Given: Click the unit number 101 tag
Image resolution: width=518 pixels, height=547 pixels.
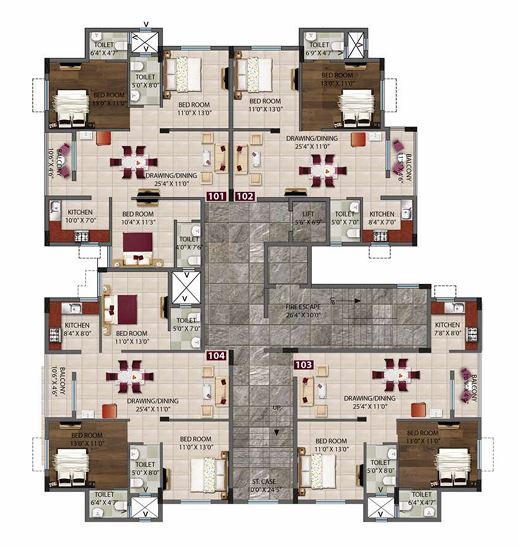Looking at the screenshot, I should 215,197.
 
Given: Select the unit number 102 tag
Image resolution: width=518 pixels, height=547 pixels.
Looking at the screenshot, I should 244,197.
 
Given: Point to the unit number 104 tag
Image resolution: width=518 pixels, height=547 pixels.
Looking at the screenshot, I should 215,355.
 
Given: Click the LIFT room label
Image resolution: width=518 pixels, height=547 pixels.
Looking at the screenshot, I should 308,218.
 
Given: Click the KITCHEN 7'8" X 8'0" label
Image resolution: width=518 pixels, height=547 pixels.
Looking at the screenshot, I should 447,330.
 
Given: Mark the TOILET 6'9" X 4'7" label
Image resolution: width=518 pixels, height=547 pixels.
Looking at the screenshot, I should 320,50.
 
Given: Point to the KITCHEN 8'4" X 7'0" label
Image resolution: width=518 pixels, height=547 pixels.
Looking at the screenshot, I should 382,218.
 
